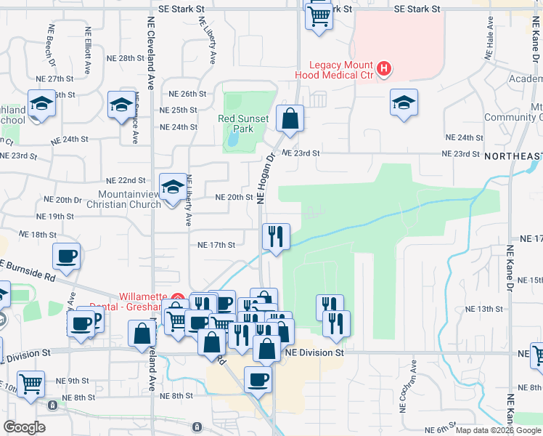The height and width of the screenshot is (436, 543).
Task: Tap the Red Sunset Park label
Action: pos(244,124)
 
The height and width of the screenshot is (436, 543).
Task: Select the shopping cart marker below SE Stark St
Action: pos(318,15)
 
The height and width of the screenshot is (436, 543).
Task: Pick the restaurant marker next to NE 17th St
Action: pos(275,236)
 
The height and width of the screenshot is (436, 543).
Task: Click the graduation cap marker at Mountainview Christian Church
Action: pos(173,187)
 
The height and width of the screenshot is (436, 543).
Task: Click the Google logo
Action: pos(25,427)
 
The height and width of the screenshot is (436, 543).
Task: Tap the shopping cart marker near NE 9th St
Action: pos(30,384)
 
